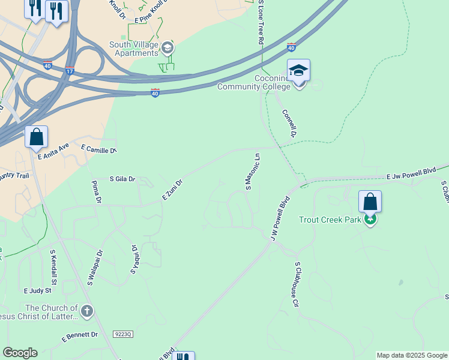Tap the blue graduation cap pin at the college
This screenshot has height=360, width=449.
(298, 71)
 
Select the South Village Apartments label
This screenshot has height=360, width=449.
(133, 49)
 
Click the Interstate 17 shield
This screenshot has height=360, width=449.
(70, 71)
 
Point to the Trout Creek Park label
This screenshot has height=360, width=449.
(330, 220)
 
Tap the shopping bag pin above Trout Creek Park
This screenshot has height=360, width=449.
(370, 202)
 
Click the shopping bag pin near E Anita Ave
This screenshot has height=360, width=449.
(37, 137)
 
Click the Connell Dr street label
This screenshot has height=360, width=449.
(290, 122)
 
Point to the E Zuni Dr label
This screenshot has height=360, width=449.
(172, 190)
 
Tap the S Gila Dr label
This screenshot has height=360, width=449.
(122, 179)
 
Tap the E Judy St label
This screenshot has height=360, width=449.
(38, 290)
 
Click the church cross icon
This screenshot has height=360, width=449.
(88, 311)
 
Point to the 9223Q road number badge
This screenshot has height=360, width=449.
(122, 333)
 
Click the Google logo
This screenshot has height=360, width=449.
(20, 353)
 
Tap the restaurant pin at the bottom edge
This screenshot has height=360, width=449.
(183, 356)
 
